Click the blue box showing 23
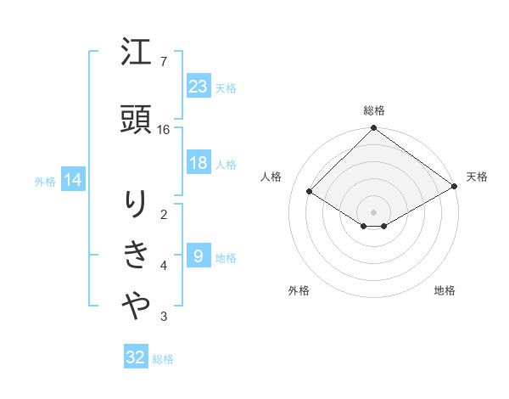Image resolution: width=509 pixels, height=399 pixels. (198, 87)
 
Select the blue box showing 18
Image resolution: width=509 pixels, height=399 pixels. (198, 164)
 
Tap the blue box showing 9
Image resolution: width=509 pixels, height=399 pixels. (198, 256)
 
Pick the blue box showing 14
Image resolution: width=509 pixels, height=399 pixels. (72, 180)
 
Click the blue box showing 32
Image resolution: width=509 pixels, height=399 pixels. (136, 357)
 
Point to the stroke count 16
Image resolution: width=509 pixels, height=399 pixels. (164, 130)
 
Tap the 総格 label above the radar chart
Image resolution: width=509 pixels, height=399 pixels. (373, 110)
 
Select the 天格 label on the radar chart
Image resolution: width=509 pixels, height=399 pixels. (477, 177)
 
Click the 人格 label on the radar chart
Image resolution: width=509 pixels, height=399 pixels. (271, 177)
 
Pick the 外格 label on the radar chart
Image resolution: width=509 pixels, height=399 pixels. (299, 291)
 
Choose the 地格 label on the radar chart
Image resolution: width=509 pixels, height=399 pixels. (445, 291)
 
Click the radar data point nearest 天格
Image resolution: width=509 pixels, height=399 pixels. (455, 186)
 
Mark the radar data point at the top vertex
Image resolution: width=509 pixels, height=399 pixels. (373, 129)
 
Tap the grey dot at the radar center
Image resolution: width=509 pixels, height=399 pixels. (373, 211)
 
